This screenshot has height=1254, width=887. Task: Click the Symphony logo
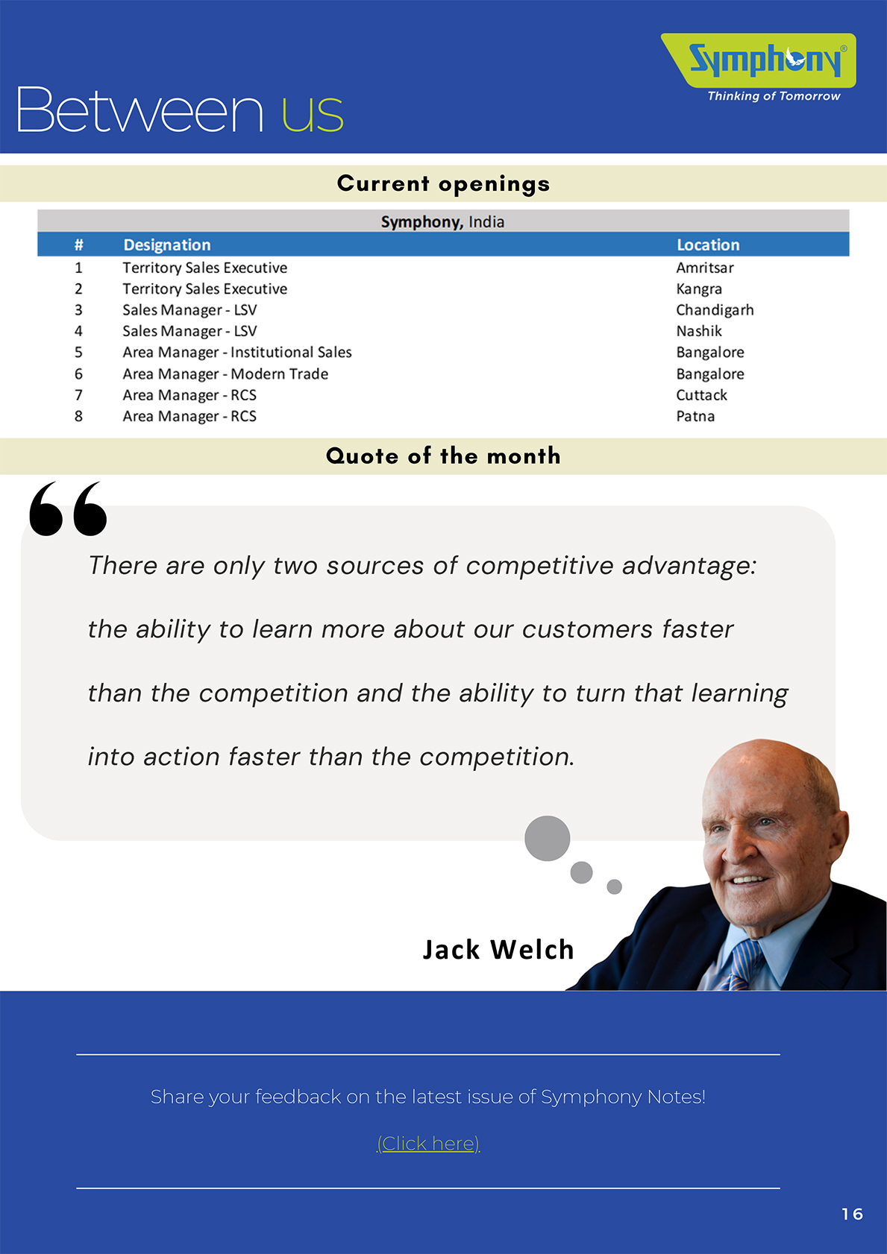click(759, 66)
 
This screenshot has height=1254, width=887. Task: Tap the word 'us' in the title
click(313, 113)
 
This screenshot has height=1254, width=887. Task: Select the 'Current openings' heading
click(443, 183)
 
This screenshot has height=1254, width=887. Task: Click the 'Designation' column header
click(167, 245)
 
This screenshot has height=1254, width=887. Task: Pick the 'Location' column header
click(708, 245)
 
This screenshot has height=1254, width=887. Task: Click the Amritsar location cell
click(705, 268)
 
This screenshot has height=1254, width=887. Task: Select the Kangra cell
click(699, 289)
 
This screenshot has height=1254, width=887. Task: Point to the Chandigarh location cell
click(715, 310)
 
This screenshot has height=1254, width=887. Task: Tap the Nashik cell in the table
click(699, 331)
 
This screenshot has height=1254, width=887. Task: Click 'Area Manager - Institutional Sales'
click(237, 352)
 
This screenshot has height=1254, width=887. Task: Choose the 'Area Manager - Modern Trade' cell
click(225, 374)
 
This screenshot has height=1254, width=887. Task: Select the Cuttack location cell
click(701, 394)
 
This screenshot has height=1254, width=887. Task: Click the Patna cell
click(695, 416)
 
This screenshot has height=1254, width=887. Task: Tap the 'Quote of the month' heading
click(443, 456)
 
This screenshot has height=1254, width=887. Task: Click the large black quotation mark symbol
click(68, 508)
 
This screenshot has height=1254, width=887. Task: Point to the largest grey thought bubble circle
click(548, 838)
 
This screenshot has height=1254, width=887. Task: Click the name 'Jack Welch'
click(498, 950)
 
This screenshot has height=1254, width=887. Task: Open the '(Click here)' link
click(429, 1143)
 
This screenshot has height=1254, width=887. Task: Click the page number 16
click(852, 1214)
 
